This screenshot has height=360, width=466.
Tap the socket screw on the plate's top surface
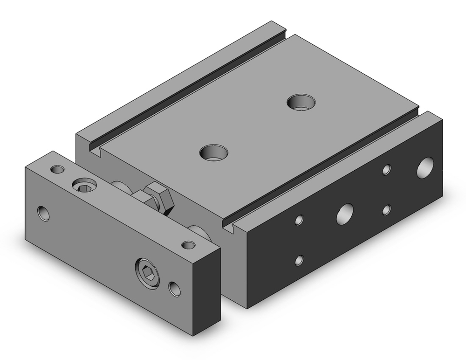click(84, 186)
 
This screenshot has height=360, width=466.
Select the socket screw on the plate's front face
click(147, 272)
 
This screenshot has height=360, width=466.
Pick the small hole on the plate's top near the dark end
click(188, 245)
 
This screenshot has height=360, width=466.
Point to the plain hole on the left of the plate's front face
click(44, 213)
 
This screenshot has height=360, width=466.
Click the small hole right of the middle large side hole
click(386, 209)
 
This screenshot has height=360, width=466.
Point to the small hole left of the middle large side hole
click(300, 219)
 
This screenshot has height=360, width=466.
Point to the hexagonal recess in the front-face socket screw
click(146, 271)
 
